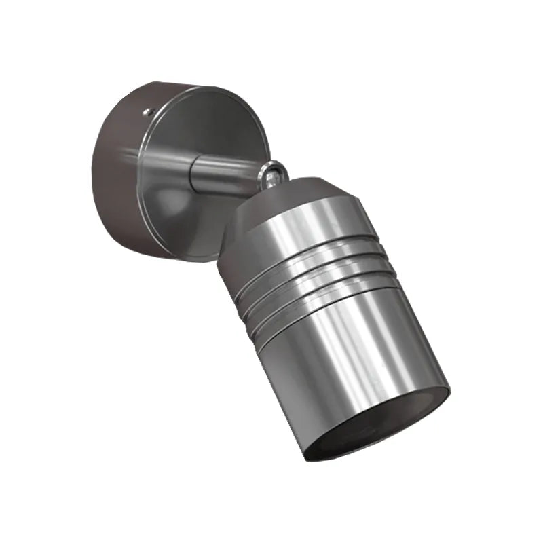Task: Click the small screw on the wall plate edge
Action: click(x=147, y=109)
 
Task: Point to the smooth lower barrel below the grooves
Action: click(x=353, y=353)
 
